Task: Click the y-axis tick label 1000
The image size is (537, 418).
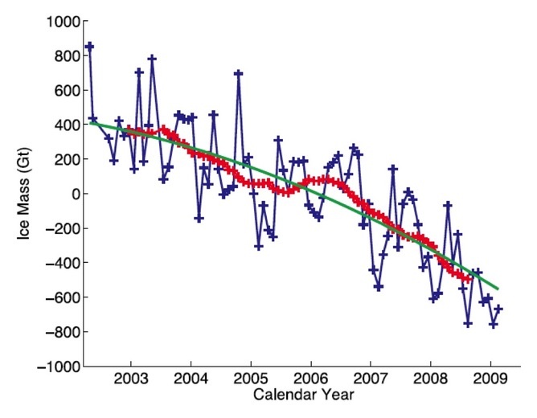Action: (x=57, y=22)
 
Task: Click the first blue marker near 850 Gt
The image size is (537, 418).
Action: (x=89, y=47)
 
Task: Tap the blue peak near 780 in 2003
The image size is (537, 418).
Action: (x=152, y=59)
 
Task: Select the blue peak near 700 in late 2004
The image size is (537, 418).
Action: (x=239, y=73)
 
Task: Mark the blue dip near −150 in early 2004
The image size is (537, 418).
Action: (x=199, y=218)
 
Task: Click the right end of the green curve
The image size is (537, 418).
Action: (x=498, y=289)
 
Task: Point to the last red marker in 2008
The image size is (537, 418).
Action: (x=468, y=278)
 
